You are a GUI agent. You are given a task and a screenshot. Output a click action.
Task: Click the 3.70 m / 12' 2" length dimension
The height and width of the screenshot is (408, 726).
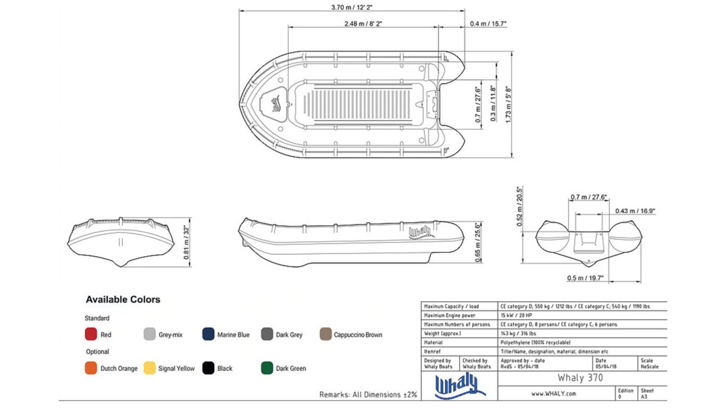click(352, 7)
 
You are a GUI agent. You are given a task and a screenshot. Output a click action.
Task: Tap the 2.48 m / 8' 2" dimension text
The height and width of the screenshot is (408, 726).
click(363, 24)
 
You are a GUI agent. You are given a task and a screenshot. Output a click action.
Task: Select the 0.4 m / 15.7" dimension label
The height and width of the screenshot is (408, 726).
click(488, 24)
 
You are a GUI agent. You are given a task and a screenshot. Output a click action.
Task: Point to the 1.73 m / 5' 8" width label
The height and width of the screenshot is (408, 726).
click(508, 104)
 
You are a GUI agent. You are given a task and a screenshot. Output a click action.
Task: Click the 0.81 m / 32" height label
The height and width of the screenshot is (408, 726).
click(187, 242)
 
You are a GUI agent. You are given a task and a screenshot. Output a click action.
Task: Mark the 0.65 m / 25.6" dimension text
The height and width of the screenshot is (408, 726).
click(478, 242)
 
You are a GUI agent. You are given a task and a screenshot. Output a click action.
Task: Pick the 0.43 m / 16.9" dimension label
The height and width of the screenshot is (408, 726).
click(635, 211)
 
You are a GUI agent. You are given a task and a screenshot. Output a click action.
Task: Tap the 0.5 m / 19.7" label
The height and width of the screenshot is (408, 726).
click(585, 278)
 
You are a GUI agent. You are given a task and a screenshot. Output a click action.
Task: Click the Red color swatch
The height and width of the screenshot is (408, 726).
click(91, 334)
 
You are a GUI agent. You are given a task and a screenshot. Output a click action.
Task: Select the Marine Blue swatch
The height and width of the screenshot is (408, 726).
click(208, 334)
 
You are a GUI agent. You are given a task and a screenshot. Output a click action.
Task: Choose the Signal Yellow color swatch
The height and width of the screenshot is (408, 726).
click(149, 368)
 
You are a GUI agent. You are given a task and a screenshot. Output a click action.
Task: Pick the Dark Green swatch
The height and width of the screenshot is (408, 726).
click(267, 368)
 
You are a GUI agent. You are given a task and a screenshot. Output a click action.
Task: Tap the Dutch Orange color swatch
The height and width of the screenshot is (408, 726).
click(91, 368)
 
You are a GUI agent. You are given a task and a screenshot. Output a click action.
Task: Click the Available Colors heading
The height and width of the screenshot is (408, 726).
click(123, 300)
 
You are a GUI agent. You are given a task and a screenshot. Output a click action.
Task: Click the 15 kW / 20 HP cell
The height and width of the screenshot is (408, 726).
click(516, 316)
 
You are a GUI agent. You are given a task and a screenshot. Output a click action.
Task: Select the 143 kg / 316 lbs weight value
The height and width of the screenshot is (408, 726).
click(518, 334)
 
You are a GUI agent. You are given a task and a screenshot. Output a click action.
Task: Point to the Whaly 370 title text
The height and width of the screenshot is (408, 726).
click(580, 378)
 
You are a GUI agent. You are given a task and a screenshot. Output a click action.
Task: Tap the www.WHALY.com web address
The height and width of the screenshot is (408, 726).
click(554, 394)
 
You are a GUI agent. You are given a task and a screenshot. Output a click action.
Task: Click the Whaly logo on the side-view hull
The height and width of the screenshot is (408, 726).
click(421, 233)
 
